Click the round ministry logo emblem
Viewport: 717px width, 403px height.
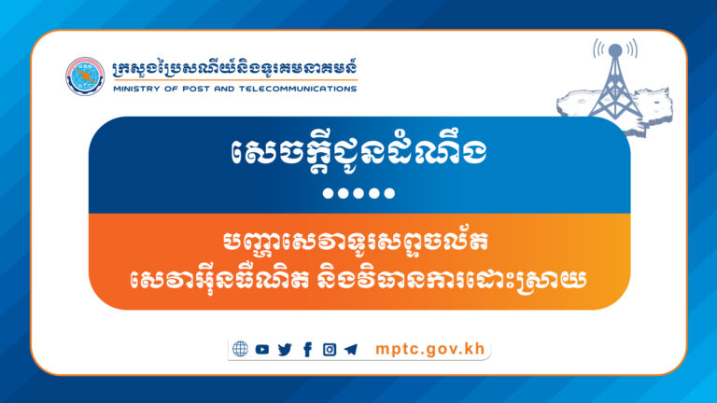(85, 76)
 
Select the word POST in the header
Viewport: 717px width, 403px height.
(186, 90)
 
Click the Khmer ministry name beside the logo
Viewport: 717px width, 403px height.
(232, 69)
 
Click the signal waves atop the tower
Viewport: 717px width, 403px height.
(614, 49)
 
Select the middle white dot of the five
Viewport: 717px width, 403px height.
(358, 194)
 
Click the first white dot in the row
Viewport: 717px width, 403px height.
(326, 194)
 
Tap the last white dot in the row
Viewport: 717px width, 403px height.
(391, 194)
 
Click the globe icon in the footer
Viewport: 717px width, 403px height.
(241, 350)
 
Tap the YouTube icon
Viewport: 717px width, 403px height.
(262, 350)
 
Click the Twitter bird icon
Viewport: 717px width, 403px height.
(285, 350)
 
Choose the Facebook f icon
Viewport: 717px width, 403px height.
(307, 350)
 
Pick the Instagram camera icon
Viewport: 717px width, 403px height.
(329, 350)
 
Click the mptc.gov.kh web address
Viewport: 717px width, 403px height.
(426, 350)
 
